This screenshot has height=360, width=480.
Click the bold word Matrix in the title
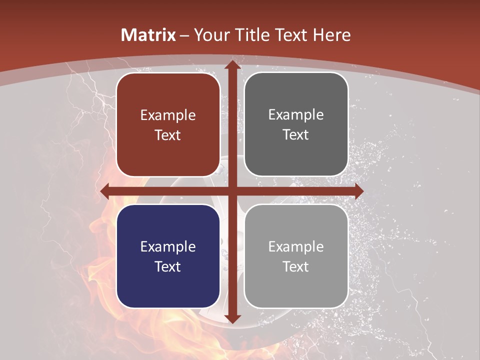click(x=148, y=35)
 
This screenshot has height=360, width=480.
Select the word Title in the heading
click(x=254, y=35)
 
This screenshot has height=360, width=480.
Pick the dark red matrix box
click(x=168, y=125)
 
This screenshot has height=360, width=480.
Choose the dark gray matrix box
click(x=296, y=124)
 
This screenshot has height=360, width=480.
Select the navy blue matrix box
click(x=168, y=256)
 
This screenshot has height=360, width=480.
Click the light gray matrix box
click(x=296, y=256)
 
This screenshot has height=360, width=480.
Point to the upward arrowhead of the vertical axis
click(x=232, y=64)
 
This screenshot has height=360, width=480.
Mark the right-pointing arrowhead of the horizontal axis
click(x=358, y=191)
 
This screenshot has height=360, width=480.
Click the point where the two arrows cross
click(x=232, y=191)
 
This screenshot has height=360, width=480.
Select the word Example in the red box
click(x=168, y=115)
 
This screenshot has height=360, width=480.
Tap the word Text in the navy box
click(x=168, y=266)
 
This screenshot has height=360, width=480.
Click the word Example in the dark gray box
click(x=296, y=115)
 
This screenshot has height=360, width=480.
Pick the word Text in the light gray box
click(x=296, y=266)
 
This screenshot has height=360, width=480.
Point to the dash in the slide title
click(x=184, y=35)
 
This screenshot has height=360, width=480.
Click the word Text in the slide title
click(x=291, y=35)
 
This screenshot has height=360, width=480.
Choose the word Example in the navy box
click(x=168, y=246)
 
